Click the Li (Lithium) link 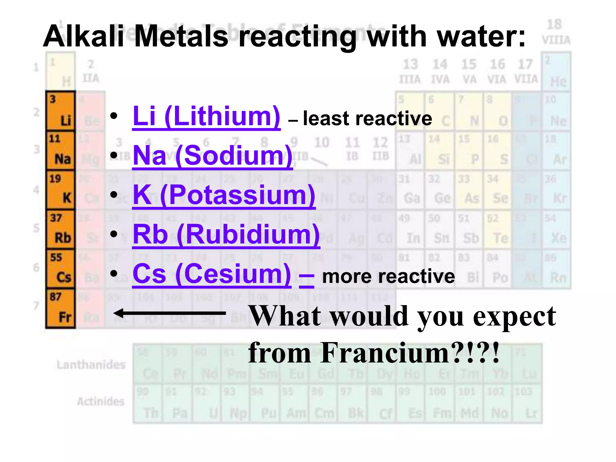click(206, 117)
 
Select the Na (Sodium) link click(212, 156)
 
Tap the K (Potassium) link click(224, 195)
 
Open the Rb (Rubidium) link click(226, 235)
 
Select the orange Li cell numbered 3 click(60, 111)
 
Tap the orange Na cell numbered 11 click(60, 150)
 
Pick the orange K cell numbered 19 click(60, 190)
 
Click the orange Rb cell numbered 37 click(60, 229)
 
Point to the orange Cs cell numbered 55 click(60, 269)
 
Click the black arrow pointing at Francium click(169, 313)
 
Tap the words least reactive click(367, 119)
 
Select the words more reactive click(388, 276)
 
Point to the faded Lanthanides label click(91, 365)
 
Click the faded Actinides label click(101, 402)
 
